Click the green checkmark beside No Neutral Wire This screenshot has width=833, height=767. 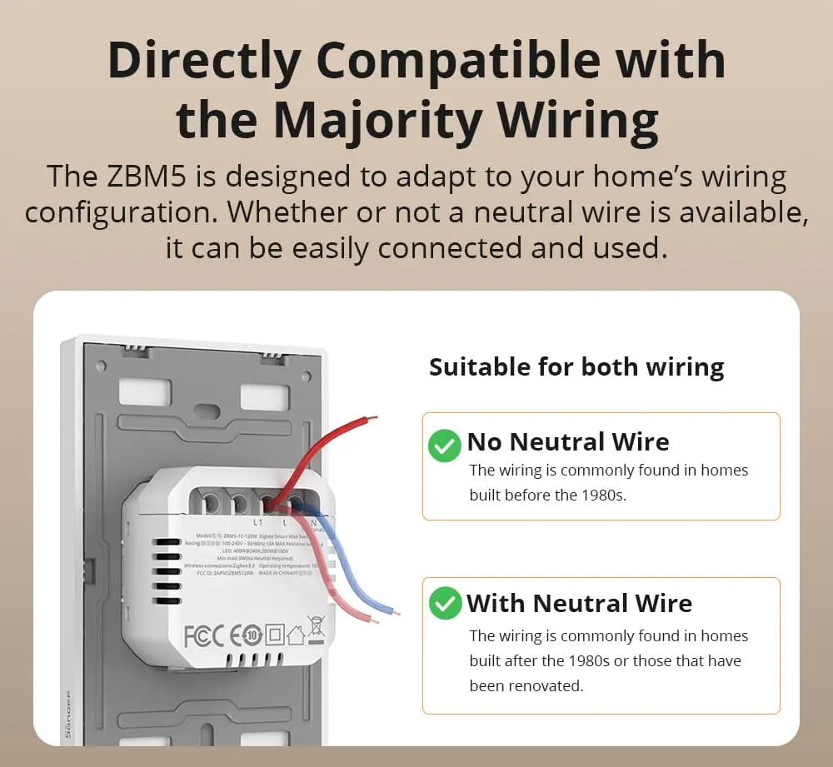pos(444,446)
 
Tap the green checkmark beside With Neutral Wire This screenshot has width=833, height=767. pos(444,603)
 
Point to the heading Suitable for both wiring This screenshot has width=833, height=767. pos(576,367)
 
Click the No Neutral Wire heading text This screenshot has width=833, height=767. pos(567,441)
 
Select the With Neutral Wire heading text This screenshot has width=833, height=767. pos(579,603)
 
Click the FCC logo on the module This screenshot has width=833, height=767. pos(203,635)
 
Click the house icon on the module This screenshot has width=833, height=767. pos(297,635)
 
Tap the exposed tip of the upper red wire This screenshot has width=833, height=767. pos(372,418)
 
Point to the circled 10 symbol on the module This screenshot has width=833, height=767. pos(255,635)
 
